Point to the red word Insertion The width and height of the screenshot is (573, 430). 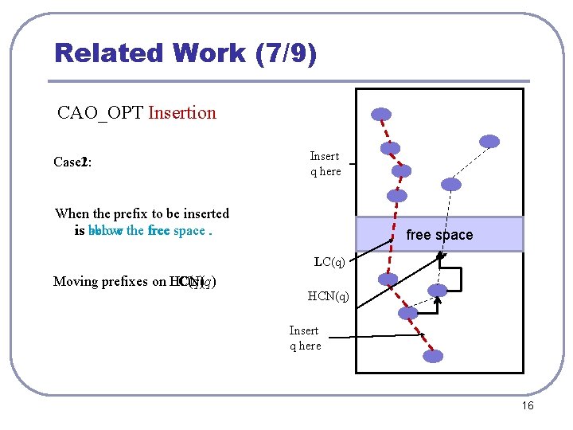coord(181,112)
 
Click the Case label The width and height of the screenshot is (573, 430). coord(69,162)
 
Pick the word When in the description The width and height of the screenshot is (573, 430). coord(72,213)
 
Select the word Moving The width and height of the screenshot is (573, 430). coord(75,281)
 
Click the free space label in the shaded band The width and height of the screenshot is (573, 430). coord(439,235)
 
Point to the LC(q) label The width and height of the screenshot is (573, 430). coord(329,261)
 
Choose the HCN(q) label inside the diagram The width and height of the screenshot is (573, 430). coord(328,296)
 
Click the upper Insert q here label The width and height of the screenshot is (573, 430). coord(325,163)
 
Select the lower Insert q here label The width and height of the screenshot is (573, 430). coord(305,338)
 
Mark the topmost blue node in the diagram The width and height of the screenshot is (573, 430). coord(382,114)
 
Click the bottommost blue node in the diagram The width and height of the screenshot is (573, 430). coord(433,356)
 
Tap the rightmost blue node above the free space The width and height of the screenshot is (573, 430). coord(489,142)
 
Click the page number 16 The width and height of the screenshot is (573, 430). coord(527,406)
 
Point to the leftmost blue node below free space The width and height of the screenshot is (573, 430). coord(388,279)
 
